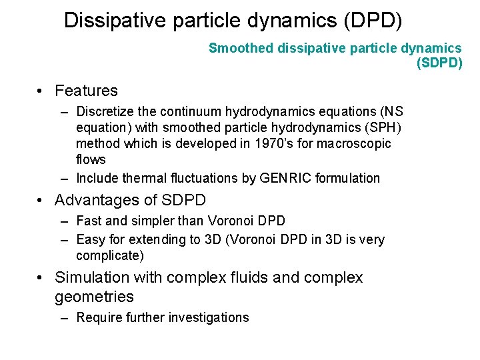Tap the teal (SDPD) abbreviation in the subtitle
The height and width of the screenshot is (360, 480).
[439, 63]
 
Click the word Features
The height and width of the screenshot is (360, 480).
[86, 91]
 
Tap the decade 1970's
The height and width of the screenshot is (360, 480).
[274, 143]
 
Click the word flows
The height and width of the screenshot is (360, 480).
[91, 159]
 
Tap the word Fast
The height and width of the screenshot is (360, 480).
[89, 221]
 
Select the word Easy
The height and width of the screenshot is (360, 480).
[91, 239]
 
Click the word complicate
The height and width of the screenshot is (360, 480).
[109, 255]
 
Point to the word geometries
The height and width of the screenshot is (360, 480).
[94, 297]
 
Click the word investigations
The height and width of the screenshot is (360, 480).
[211, 317]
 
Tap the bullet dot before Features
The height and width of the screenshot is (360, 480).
[41, 91]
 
